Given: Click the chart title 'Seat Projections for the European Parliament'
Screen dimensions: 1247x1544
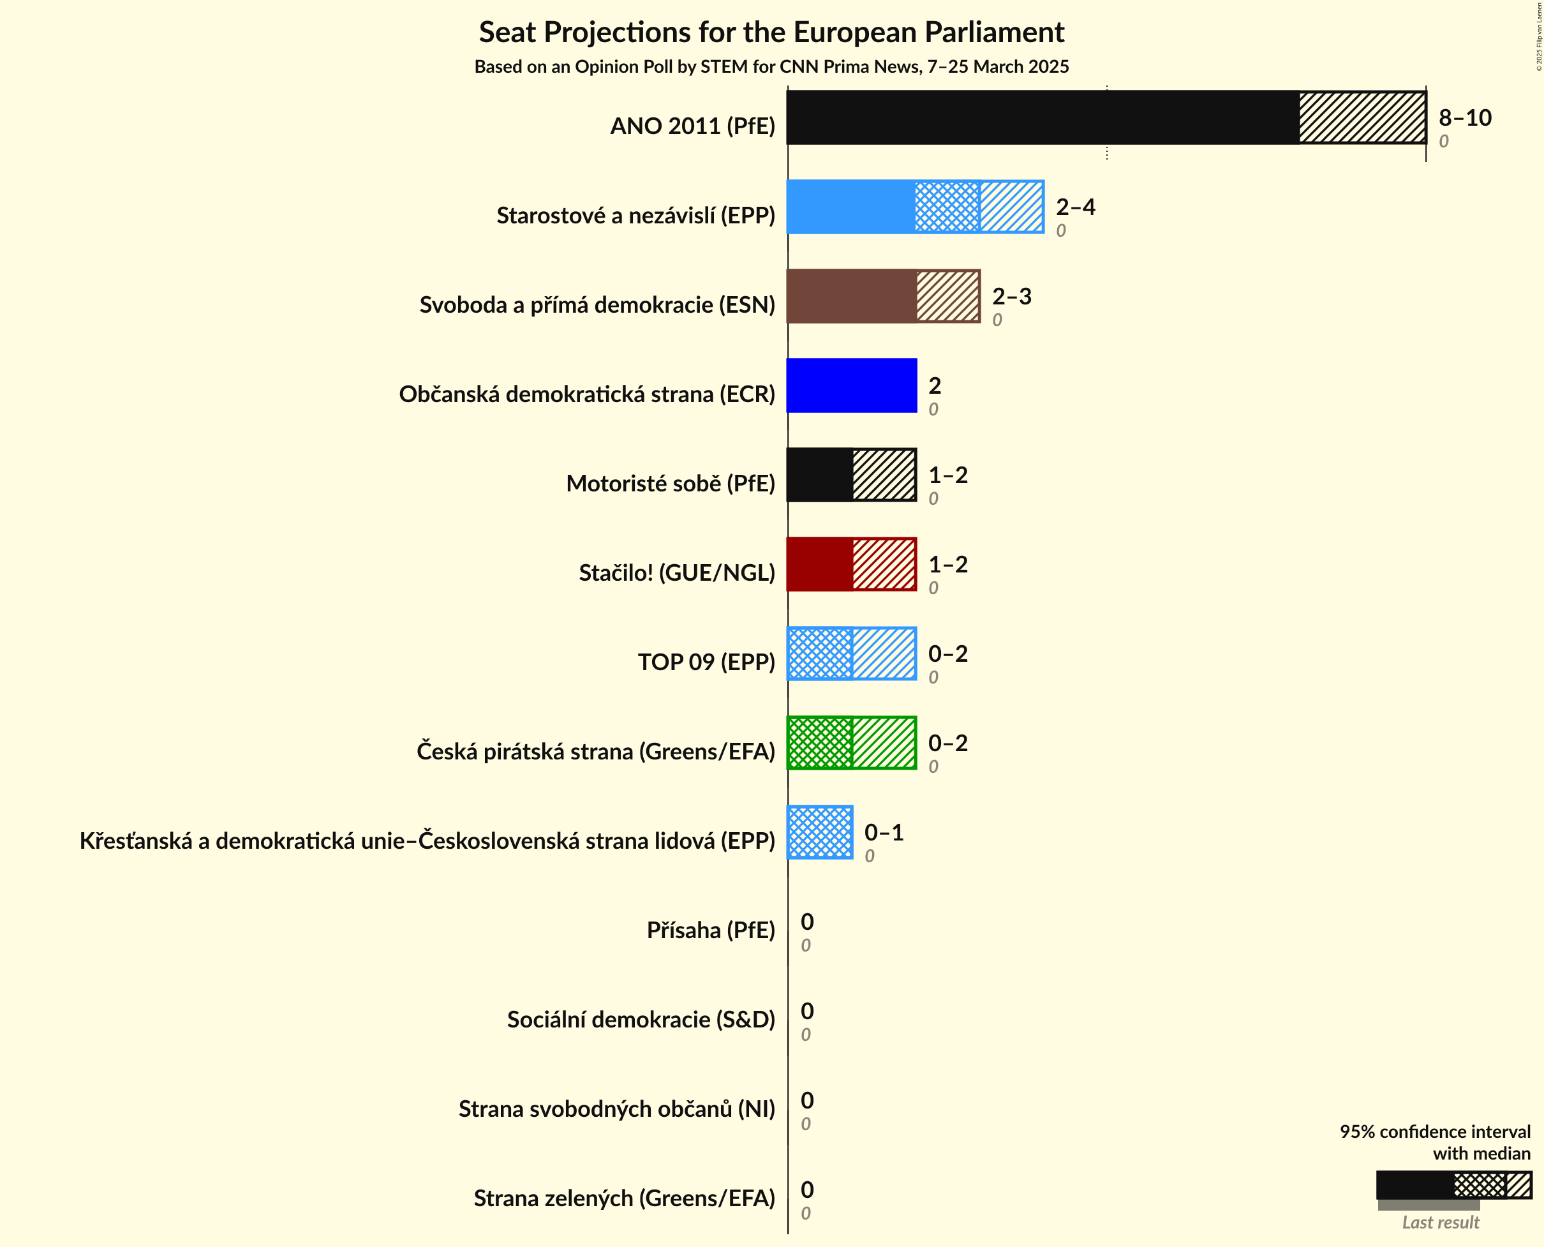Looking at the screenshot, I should click(771, 33).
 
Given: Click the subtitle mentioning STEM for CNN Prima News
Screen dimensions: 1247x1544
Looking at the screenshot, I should click(771, 67).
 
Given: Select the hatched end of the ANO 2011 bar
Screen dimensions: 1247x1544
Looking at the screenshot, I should click(1362, 117).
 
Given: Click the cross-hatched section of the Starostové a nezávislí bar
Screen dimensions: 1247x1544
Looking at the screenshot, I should click(947, 207).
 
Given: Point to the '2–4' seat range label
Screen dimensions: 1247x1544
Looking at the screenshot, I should click(1075, 207).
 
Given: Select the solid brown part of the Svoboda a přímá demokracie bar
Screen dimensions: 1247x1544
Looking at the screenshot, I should click(852, 296).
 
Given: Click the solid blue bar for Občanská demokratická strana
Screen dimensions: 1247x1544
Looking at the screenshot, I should click(852, 385).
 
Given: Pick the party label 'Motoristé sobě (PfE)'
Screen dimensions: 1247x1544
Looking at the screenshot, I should click(670, 484).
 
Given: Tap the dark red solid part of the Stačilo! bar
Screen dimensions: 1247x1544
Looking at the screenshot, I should click(820, 564).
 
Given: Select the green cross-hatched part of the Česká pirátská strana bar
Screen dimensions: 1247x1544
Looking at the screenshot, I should click(820, 743).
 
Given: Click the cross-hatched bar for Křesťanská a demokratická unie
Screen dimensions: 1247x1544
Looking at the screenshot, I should click(820, 833).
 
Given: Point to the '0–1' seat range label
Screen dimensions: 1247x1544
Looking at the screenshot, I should click(883, 833).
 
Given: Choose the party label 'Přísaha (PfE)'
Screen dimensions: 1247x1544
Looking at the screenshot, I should click(710, 930).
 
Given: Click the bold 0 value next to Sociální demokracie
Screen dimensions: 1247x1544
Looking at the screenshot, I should click(807, 1012).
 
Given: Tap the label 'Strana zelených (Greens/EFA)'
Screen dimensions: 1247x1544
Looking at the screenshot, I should click(624, 1198).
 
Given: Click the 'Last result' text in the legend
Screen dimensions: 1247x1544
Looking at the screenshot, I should click(1440, 1223).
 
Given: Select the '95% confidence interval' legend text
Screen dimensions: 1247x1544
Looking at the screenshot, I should click(1434, 1132).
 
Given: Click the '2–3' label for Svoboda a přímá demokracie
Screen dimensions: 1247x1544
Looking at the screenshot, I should click(1011, 296).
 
